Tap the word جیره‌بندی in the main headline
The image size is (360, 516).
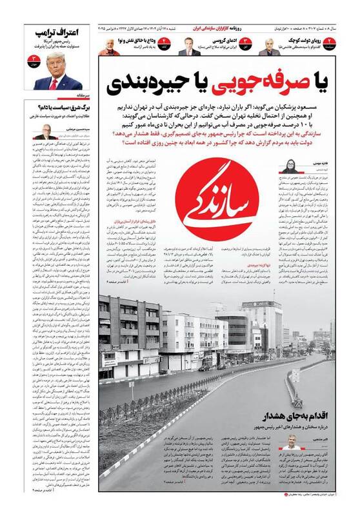[x=158, y=81]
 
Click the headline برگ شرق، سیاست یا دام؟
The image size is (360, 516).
[x=59, y=109]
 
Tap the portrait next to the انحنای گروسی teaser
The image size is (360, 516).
[x=186, y=46]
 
